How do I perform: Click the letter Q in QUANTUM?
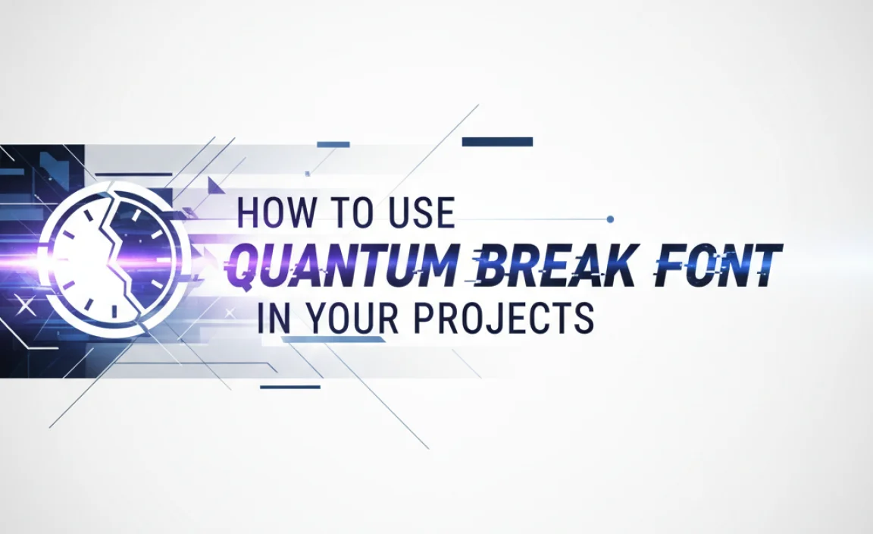246,266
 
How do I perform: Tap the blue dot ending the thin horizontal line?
611,219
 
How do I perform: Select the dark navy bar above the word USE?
497,142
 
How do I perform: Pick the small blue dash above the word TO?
333,144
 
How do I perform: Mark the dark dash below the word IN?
290,386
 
